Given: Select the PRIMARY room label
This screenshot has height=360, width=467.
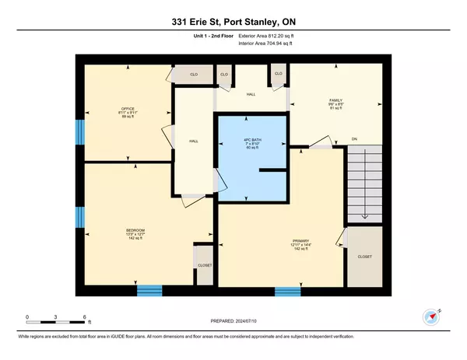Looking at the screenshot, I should point(301,241).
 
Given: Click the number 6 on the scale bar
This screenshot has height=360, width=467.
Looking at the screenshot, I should point(84,316).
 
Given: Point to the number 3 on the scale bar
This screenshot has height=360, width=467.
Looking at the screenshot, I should point(56,316).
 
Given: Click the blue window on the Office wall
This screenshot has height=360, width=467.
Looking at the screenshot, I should point(78,131).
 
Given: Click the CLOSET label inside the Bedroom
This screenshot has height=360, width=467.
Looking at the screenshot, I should point(205,264).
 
